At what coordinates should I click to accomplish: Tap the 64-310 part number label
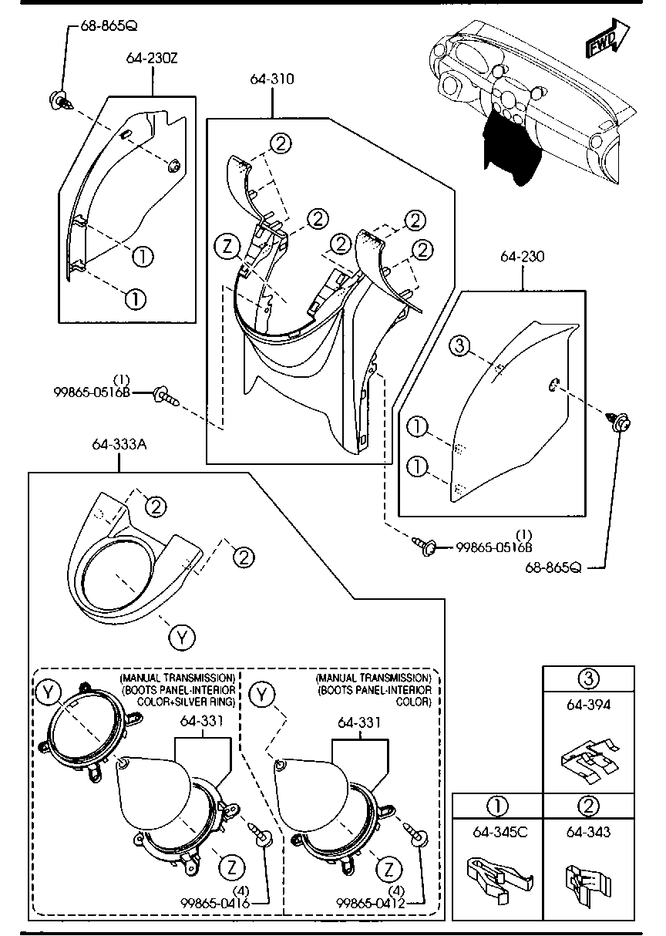[271, 79]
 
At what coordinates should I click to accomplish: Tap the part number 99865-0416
[216, 902]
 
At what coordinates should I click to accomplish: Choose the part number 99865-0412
[371, 902]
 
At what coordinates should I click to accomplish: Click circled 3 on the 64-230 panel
[459, 346]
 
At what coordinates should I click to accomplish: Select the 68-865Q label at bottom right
[554, 568]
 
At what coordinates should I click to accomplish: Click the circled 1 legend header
[497, 806]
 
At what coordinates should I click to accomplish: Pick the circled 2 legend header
[588, 806]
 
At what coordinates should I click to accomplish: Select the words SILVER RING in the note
[213, 702]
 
